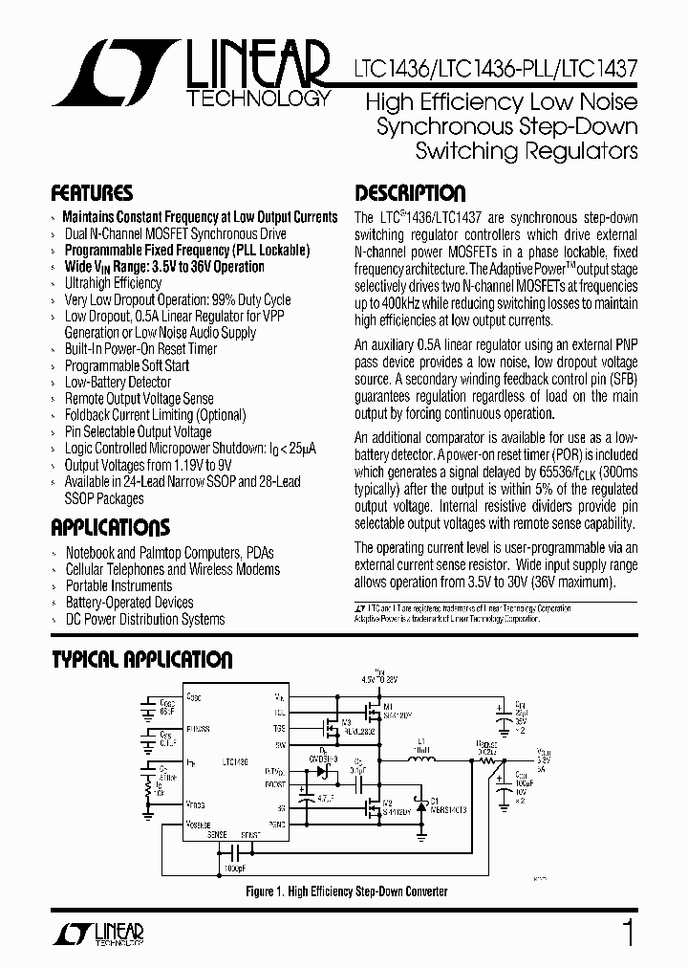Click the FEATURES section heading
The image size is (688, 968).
click(92, 192)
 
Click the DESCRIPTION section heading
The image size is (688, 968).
click(410, 192)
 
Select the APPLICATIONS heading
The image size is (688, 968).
click(110, 527)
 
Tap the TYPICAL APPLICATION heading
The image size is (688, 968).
click(141, 659)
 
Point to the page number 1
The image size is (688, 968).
click(628, 934)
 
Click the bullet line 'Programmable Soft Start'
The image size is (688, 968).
click(127, 365)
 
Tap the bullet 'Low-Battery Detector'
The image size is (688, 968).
click(118, 382)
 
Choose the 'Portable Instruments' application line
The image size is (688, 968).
click(118, 585)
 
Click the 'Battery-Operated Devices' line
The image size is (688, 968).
click(129, 603)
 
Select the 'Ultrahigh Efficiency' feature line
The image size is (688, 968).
click(113, 283)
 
